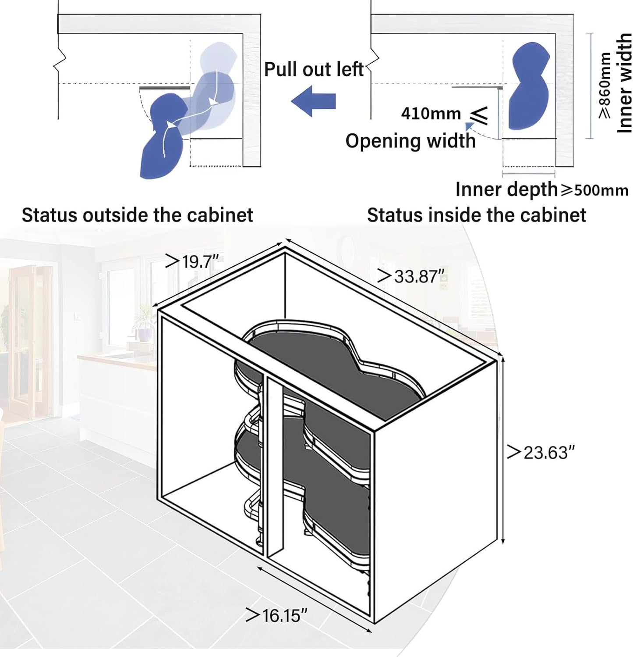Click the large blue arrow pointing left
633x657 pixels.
pyautogui.click(x=314, y=101)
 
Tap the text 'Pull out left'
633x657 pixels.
pyautogui.click(x=314, y=69)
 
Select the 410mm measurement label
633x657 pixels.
pyautogui.click(x=431, y=114)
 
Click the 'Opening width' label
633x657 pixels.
pyautogui.click(x=410, y=141)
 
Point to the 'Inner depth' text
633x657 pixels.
pyautogui.click(x=506, y=189)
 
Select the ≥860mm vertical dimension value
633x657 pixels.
pyautogui.click(x=605, y=86)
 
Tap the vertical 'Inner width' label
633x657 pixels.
pyautogui.click(x=624, y=83)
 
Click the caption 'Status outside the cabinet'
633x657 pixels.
pyautogui.click(x=137, y=215)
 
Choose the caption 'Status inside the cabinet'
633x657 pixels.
pyautogui.click(x=476, y=215)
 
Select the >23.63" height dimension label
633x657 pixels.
pyautogui.click(x=540, y=452)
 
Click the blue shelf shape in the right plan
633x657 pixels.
pyautogui.click(x=529, y=86)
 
